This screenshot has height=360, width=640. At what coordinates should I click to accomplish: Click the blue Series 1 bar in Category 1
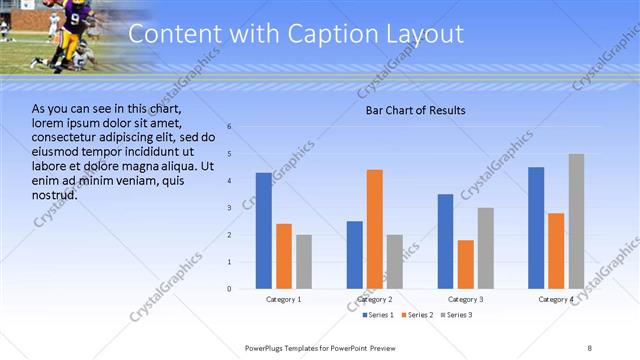(263, 231)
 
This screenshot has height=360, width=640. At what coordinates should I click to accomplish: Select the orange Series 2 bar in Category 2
(375, 229)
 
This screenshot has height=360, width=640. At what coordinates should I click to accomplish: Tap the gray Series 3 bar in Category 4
(576, 221)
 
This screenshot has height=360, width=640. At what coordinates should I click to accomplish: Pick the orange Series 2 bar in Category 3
(466, 264)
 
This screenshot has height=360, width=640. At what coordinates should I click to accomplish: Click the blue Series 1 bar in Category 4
(536, 228)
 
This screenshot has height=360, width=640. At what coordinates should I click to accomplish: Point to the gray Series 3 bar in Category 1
(304, 262)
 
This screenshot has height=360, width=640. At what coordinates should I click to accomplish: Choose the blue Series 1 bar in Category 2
(355, 255)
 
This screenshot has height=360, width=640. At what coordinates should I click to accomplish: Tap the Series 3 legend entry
(458, 315)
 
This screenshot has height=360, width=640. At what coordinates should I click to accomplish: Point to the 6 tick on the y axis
(229, 127)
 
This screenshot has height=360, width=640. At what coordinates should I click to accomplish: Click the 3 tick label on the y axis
(229, 208)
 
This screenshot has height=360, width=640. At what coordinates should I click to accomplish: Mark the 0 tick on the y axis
(229, 289)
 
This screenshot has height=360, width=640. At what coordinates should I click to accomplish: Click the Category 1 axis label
(283, 300)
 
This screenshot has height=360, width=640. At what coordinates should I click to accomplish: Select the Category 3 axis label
(466, 300)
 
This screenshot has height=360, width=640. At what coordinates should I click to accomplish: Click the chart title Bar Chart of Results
(414, 109)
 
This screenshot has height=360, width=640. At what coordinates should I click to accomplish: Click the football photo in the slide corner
(60, 35)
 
